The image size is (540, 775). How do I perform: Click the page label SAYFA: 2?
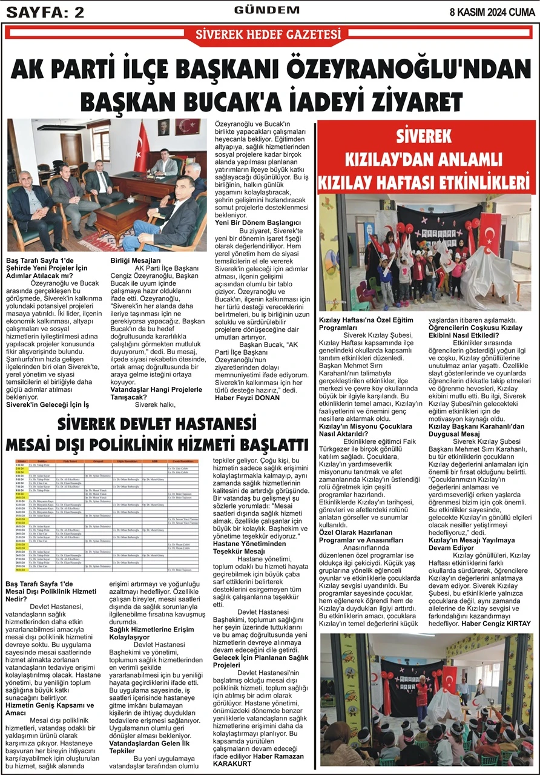point(45,12)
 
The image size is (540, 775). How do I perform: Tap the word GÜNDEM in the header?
point(266,10)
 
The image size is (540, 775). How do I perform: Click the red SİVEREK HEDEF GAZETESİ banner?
point(268,35)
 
